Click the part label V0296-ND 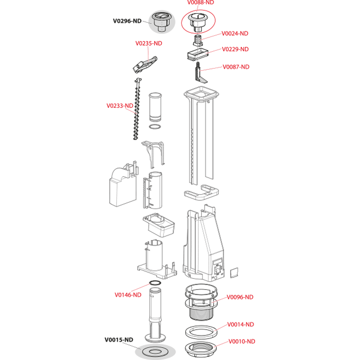click(x=127, y=21)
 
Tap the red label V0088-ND click(x=200, y=2)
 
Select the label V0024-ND click(x=235, y=33)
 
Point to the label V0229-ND click(x=235, y=49)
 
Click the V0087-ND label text click(x=236, y=67)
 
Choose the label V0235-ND click(x=149, y=43)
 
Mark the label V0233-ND click(x=120, y=106)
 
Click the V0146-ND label click(x=128, y=295)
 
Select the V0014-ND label click(x=241, y=325)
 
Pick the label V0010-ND click(x=242, y=341)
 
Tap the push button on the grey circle click(x=162, y=22)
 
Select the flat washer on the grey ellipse click(x=155, y=351)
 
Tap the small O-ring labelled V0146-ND click(x=155, y=283)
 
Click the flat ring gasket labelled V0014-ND click(x=201, y=331)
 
